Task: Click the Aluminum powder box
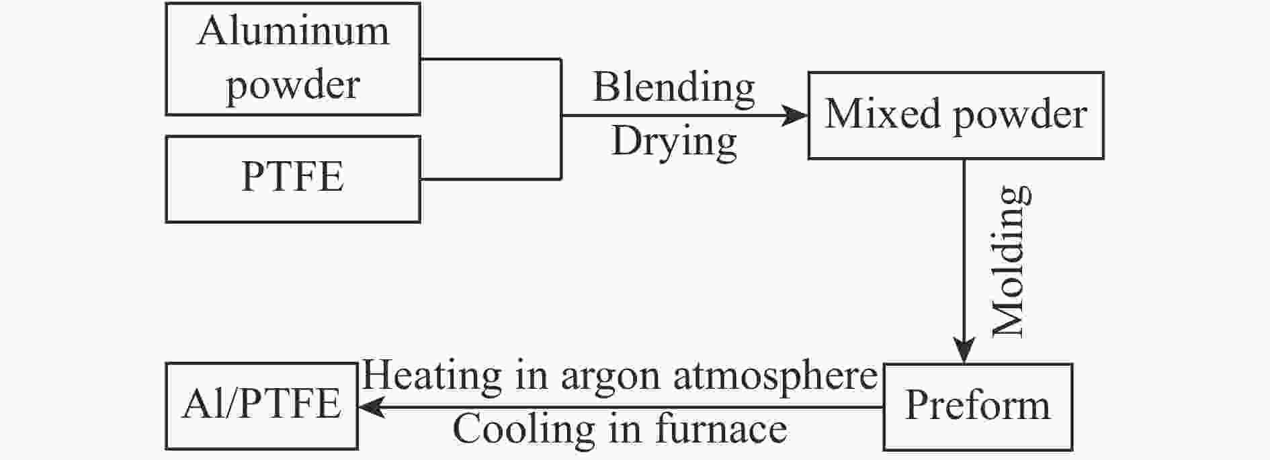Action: click(293, 59)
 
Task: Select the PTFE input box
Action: click(293, 179)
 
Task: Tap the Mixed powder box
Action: click(955, 116)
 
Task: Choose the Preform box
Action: click(977, 406)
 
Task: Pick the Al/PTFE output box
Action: click(261, 406)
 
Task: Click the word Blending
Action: click(673, 88)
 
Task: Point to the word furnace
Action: click(721, 430)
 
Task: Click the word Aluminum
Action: click(293, 32)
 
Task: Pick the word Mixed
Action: click(882, 114)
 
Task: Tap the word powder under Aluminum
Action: click(293, 86)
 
